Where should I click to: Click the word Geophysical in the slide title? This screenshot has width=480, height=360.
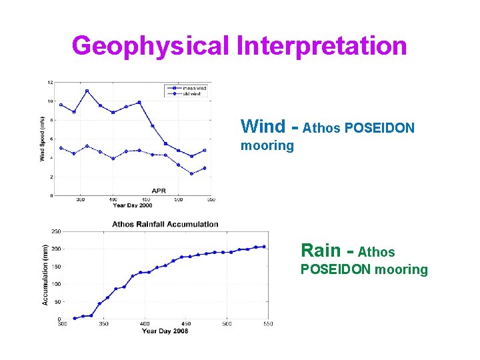151,46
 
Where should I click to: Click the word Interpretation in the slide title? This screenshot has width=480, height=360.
321,46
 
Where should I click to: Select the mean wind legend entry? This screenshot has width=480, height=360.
194,87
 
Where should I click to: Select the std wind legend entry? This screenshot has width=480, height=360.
193,93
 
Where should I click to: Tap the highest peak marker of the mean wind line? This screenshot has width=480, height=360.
87,91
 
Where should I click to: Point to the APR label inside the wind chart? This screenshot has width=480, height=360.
159,191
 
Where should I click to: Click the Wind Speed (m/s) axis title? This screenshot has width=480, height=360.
42,139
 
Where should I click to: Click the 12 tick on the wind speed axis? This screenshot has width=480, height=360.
50,82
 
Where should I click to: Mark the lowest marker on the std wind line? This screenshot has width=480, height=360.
191,174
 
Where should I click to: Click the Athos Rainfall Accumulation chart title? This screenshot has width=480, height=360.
165,224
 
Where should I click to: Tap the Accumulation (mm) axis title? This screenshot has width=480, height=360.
45,275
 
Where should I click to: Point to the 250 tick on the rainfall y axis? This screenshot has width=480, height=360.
57,231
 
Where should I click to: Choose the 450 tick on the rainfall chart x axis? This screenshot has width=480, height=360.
186,325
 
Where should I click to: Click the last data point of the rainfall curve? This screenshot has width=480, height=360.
264,247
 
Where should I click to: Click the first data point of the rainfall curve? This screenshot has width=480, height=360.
75,318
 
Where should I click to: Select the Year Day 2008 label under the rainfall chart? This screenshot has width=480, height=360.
165,331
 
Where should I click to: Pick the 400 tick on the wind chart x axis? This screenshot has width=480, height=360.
113,199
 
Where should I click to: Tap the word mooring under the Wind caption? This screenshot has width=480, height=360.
267,146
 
